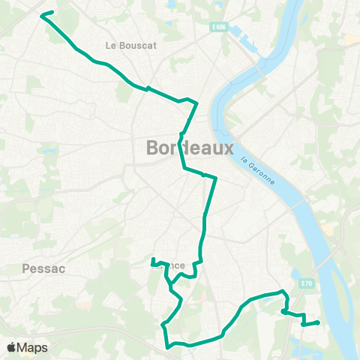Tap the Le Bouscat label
point(130,45)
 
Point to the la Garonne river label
point(259,171)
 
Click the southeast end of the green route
point(318,322)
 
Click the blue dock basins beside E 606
point(238,34)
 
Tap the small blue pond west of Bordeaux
point(50,151)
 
